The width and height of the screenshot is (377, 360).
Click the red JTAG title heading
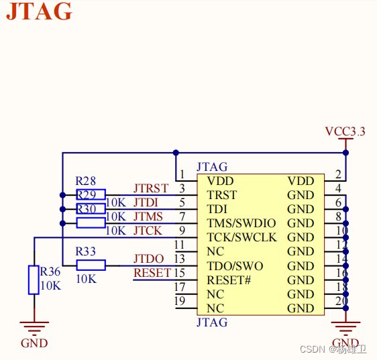coord(38,11)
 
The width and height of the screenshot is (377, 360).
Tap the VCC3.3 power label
coord(345,131)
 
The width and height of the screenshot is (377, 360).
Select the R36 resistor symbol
coord(34,280)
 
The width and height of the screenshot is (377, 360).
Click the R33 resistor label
coord(85,251)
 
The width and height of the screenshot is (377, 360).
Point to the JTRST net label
coord(150,188)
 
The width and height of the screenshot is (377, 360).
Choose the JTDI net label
coord(146,202)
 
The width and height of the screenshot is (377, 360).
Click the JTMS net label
coord(148,216)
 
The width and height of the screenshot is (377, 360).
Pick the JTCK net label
coord(147,230)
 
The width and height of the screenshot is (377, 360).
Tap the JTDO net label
coord(148,259)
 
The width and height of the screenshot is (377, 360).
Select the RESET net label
coord(152,273)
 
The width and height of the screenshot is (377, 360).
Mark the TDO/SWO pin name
coord(235,266)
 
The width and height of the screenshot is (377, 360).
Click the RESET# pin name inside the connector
coord(229,280)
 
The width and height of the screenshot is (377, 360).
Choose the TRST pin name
coord(221,195)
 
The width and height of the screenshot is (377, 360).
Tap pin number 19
coord(179,302)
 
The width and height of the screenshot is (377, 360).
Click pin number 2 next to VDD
coord(338,175)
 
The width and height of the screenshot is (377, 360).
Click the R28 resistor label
coord(85,181)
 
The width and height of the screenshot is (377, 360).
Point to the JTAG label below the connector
coord(212,322)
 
